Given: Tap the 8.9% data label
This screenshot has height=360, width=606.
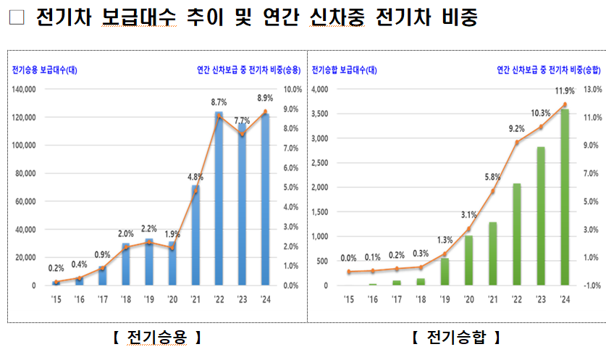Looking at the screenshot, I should click(264, 99).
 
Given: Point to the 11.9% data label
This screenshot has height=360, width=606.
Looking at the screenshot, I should click(565, 91).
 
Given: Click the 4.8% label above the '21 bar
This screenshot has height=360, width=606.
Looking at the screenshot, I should click(195, 176).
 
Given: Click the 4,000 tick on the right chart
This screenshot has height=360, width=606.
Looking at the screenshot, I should click(319, 89).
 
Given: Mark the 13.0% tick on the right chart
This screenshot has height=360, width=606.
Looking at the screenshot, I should click(592, 89).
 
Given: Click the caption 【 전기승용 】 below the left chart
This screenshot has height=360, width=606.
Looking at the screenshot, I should click(156, 337).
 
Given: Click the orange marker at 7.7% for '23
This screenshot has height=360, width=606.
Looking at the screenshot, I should click(242, 135).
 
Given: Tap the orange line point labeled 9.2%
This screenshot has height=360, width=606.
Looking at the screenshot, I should click(517, 143).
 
